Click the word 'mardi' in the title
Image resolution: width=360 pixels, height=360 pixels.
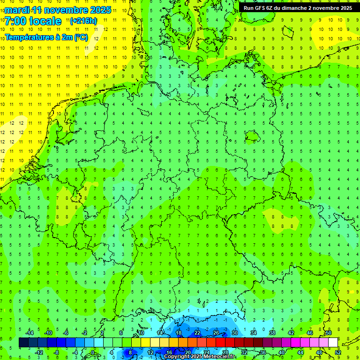[x=16, y=10]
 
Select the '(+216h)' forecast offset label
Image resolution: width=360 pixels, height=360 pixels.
[x=83, y=21]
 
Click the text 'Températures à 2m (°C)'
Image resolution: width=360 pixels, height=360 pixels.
[x=46, y=37]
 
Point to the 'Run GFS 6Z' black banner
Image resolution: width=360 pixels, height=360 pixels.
[x=298, y=7]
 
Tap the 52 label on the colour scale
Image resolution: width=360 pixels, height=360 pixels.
[x=338, y=352]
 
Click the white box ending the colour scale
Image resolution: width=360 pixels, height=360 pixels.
[x=333, y=343]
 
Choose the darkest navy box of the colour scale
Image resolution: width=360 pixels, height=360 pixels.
[x=24, y=343]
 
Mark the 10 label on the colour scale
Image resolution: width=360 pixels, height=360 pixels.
[x=141, y=333]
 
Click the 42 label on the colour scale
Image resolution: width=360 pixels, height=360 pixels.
[x=291, y=333]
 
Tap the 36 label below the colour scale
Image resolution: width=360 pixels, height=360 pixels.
[x=263, y=352]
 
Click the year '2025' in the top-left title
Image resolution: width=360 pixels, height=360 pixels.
[x=99, y=10]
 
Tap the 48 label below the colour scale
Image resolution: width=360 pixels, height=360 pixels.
[x=319, y=352]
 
